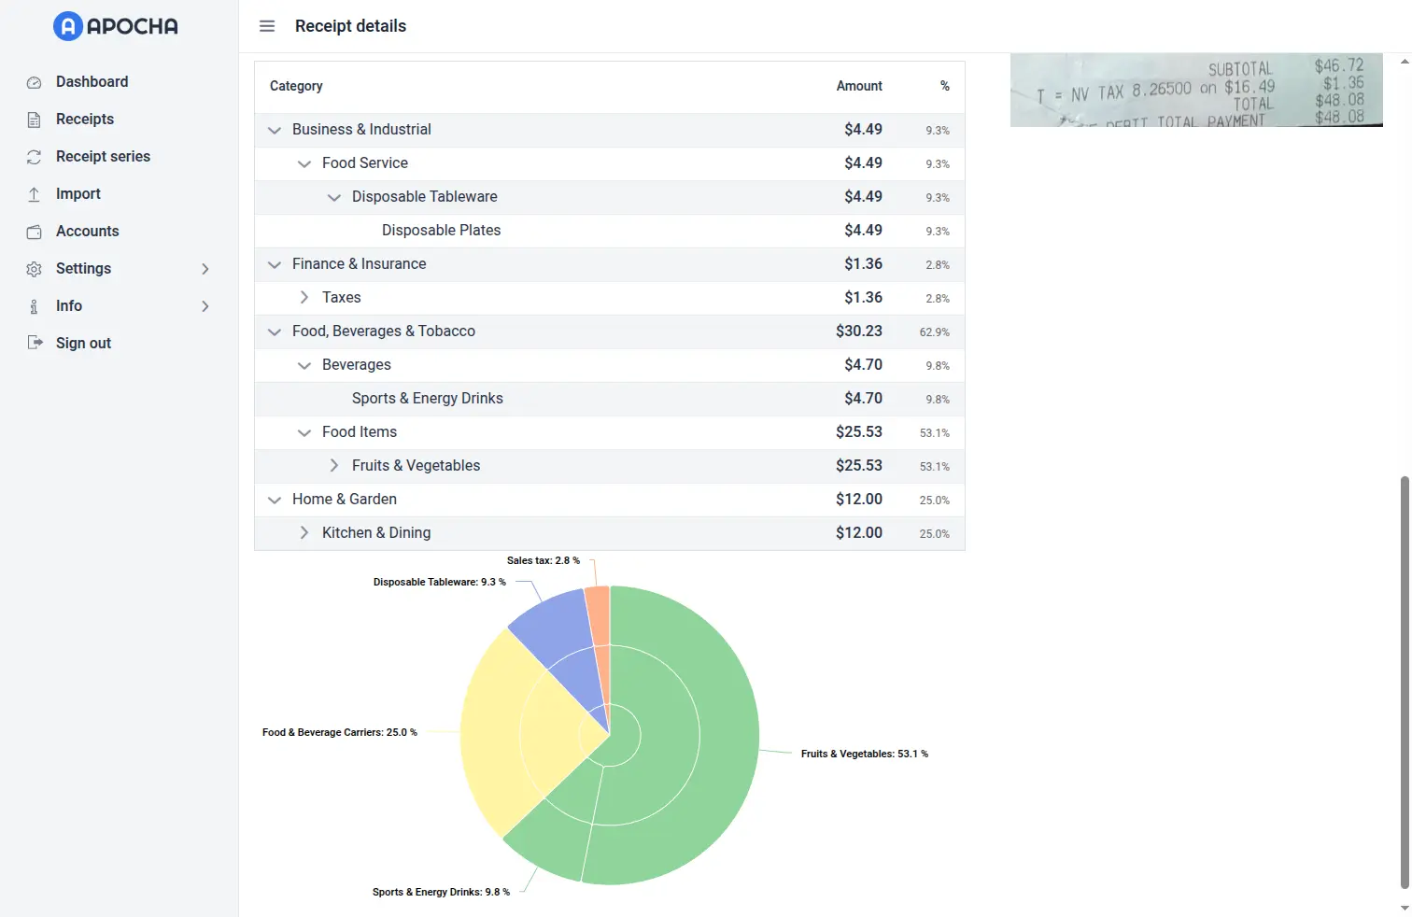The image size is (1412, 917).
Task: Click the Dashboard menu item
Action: point(92,82)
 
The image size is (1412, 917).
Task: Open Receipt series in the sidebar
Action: point(103,157)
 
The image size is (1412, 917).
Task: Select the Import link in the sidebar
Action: point(78,194)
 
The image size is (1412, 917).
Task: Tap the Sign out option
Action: point(83,344)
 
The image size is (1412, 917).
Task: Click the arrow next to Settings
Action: point(205,269)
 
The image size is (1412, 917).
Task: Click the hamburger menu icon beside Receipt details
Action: point(267,26)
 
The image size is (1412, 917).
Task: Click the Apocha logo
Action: point(116,26)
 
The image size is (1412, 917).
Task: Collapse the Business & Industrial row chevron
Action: point(275,130)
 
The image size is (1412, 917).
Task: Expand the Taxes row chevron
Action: point(304,298)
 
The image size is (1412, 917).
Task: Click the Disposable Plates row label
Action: point(441,231)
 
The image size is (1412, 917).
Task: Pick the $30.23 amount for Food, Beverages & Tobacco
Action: point(858,332)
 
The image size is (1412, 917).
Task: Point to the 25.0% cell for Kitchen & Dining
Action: point(934,534)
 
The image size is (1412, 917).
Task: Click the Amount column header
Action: point(859,86)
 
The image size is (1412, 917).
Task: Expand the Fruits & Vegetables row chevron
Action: point(334,466)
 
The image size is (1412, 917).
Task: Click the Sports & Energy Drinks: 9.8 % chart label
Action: point(441,893)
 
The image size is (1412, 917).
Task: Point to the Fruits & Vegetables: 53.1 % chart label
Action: point(864,755)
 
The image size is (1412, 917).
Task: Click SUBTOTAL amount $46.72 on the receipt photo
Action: point(1339,65)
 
